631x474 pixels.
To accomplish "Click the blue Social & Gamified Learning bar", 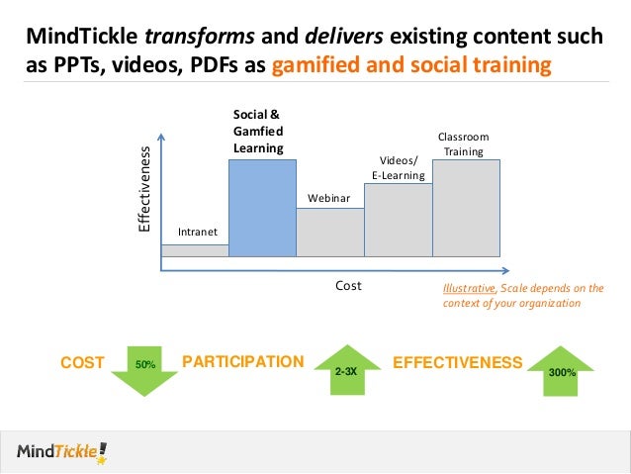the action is pyautogui.click(x=262, y=208).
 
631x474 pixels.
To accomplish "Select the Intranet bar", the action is pyautogui.click(x=194, y=250).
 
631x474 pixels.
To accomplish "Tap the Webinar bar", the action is pyautogui.click(x=330, y=233).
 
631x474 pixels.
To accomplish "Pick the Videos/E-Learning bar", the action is pyautogui.click(x=399, y=220).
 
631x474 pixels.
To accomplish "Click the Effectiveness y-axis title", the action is pyautogui.click(x=143, y=189).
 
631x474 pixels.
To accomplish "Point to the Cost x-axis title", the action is pyautogui.click(x=348, y=285).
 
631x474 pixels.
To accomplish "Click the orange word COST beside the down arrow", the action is pyautogui.click(x=82, y=363).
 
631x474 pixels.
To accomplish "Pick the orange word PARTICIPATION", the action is pyautogui.click(x=242, y=362).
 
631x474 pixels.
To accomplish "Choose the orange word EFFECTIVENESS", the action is pyautogui.click(x=457, y=363).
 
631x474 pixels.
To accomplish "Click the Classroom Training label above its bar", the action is pyautogui.click(x=463, y=143).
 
